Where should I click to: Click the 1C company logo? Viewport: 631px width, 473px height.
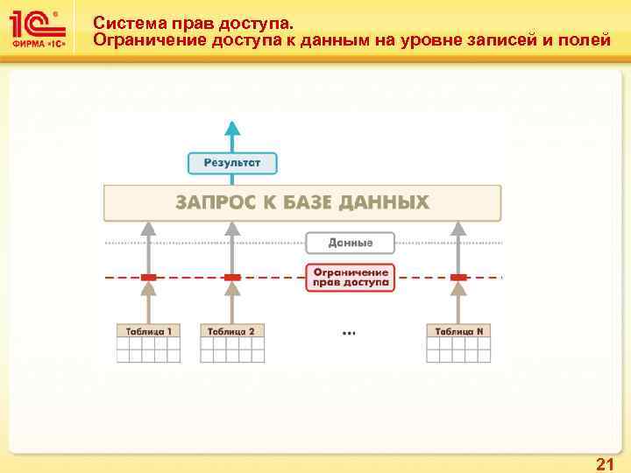coord(42,30)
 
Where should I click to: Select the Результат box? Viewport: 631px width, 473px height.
coord(232,163)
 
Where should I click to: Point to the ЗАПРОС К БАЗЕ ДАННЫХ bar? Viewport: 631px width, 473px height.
coord(302,203)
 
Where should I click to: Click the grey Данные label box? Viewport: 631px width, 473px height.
coord(351,243)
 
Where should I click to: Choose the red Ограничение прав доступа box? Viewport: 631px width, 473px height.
coord(351,277)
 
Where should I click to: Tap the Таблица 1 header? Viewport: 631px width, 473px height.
coord(149,331)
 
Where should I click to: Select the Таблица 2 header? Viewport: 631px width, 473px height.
coord(232,331)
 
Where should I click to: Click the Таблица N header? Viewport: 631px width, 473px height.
coord(458,331)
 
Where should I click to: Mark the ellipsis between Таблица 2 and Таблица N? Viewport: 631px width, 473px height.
coord(349,333)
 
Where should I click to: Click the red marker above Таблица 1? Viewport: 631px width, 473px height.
coord(149,278)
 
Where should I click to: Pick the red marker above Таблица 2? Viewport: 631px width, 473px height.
coord(232,278)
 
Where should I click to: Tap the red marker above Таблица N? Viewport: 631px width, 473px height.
coord(458,278)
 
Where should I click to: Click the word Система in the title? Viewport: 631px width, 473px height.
coord(126,23)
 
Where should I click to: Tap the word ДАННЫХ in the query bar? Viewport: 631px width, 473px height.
coord(386,203)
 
